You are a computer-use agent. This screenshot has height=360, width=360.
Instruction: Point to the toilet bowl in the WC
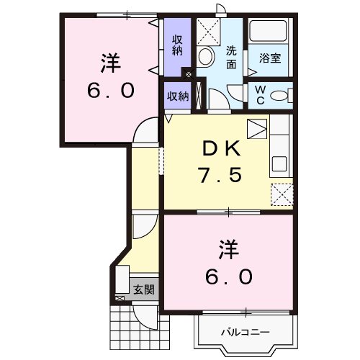[282, 94]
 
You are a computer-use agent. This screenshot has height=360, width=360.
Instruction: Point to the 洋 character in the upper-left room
[109, 63]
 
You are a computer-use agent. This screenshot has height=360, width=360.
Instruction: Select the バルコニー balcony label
[244, 333]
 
